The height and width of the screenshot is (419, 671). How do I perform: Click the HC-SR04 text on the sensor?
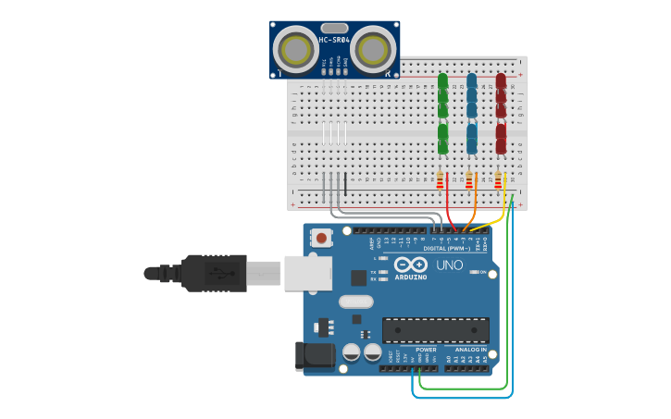pyautogui.click(x=334, y=40)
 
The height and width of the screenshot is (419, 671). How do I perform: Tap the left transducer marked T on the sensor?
pyautogui.click(x=299, y=49)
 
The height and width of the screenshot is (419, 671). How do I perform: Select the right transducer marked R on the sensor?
pyautogui.click(x=371, y=49)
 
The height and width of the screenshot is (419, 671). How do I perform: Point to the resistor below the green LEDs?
pyautogui.click(x=441, y=179)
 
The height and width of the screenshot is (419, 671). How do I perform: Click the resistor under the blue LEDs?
pyautogui.click(x=470, y=179)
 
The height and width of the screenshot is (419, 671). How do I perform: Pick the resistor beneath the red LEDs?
pyautogui.click(x=500, y=179)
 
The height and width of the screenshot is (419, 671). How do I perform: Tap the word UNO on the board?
pyautogui.click(x=449, y=265)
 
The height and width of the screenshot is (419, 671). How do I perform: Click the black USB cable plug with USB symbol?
pyautogui.click(x=213, y=273)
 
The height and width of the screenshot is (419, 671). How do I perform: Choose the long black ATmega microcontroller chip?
pyautogui.click(x=436, y=330)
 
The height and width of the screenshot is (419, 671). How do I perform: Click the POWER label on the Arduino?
pyautogui.click(x=426, y=350)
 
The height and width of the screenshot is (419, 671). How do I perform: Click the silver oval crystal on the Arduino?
pyautogui.click(x=355, y=302)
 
